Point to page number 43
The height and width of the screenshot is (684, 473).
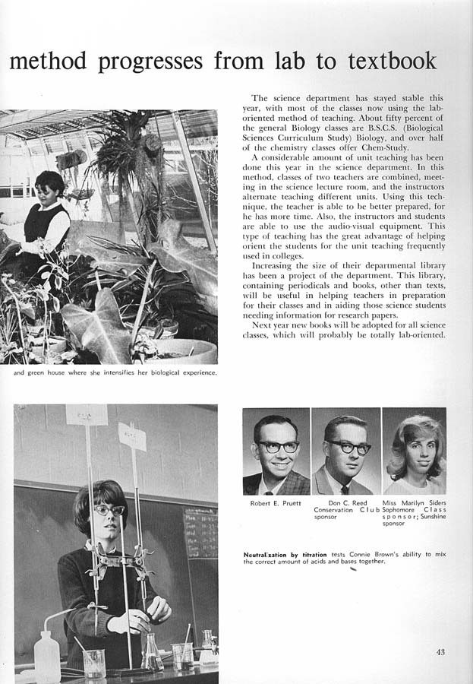pyautogui.click(x=441, y=651)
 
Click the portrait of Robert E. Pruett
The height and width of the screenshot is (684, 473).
pyautogui.click(x=276, y=451)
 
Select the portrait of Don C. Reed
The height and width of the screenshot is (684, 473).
pyautogui.click(x=345, y=451)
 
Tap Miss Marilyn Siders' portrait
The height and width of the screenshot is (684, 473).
pyautogui.click(x=414, y=451)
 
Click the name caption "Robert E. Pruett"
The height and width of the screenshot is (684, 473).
pyautogui.click(x=276, y=503)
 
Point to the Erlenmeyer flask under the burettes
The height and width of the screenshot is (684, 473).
pyautogui.click(x=151, y=654)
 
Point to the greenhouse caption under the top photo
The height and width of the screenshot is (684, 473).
pyautogui.click(x=115, y=372)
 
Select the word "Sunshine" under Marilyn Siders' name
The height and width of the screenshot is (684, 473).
pyautogui.click(x=430, y=517)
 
